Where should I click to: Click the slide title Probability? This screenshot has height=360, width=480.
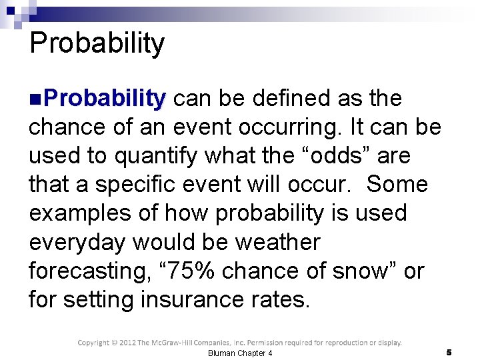[x=97, y=43]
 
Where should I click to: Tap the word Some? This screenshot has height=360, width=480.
[x=397, y=184]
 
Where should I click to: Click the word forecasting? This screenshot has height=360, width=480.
[x=85, y=271]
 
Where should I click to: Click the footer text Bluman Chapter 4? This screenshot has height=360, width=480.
[x=240, y=353]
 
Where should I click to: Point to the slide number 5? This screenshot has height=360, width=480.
[x=449, y=351]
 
